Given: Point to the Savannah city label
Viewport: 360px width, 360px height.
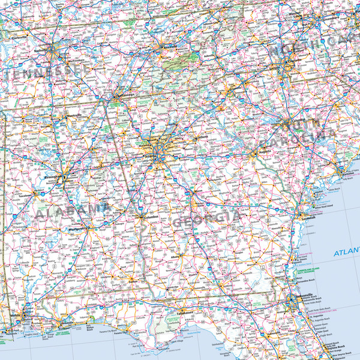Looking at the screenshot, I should pos(308,218).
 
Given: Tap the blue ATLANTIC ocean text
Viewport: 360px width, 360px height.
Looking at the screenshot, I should pos(347,253).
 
